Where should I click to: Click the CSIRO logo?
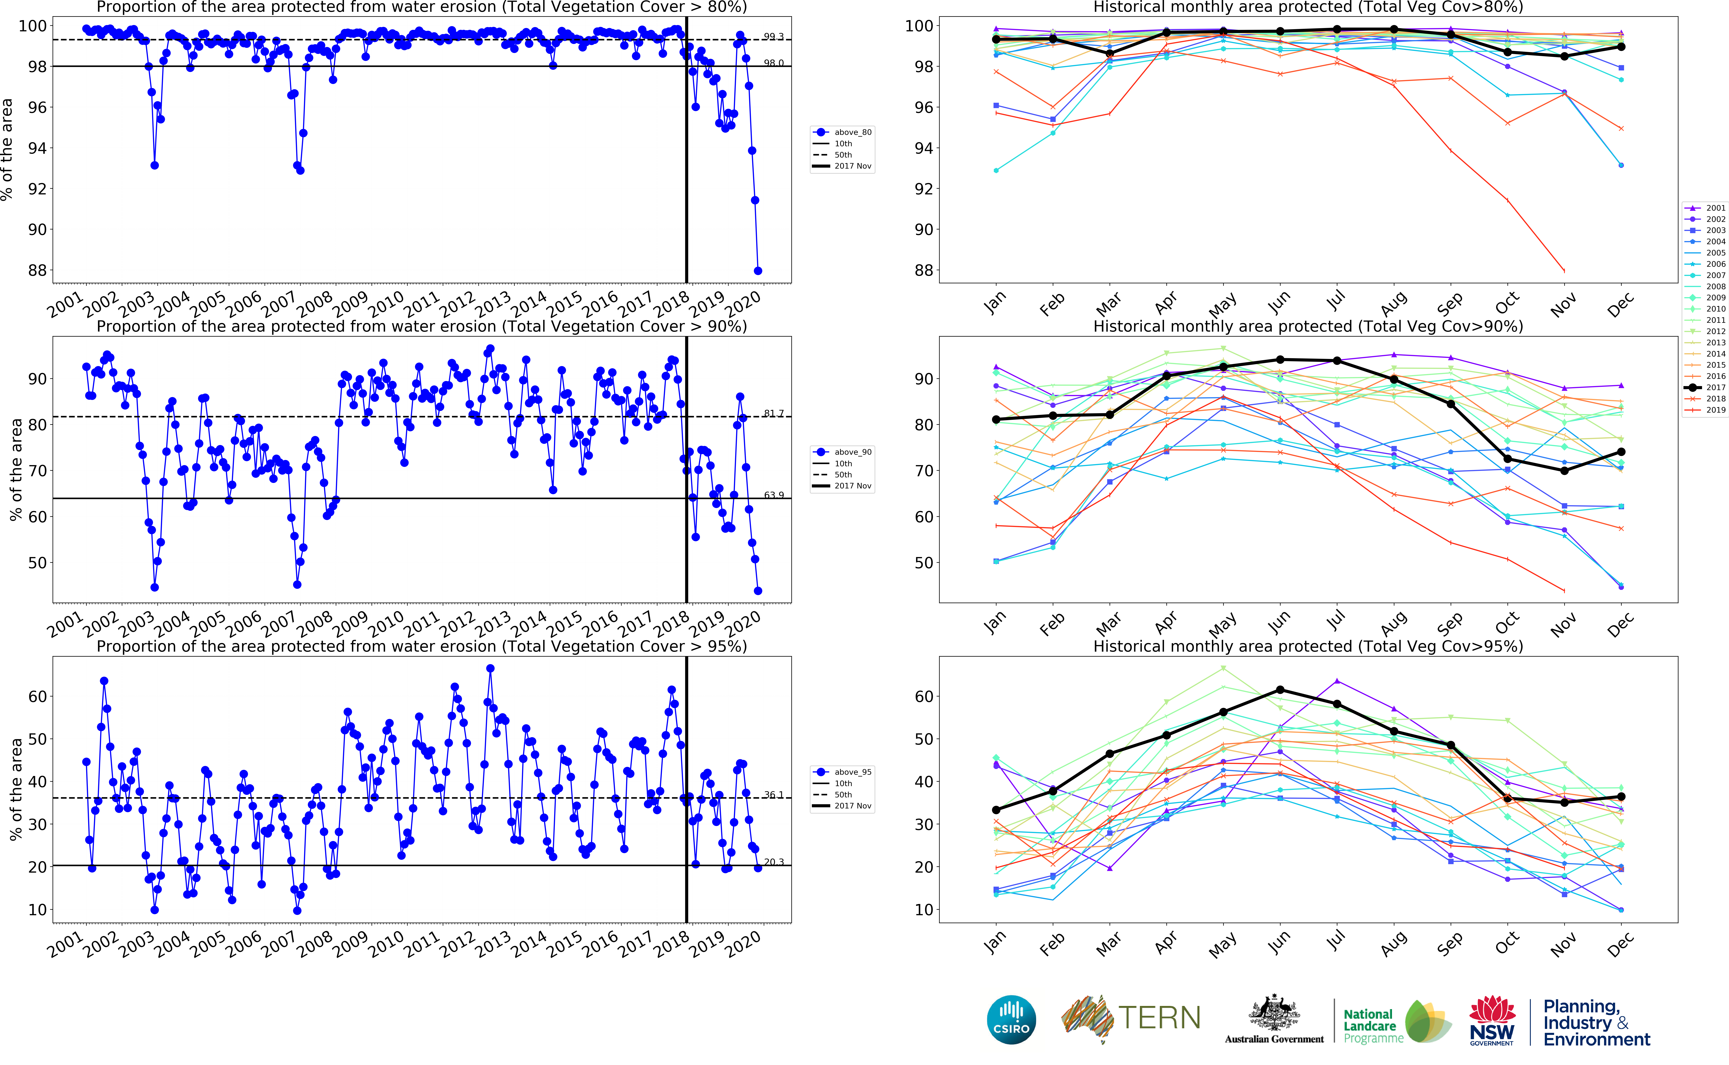click(1011, 1019)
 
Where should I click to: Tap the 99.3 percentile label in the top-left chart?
click(773, 37)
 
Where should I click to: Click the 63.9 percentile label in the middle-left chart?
click(773, 495)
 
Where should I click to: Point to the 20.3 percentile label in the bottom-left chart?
click(773, 862)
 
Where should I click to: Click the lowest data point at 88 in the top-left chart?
click(758, 270)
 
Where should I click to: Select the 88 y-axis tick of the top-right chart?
click(923, 270)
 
